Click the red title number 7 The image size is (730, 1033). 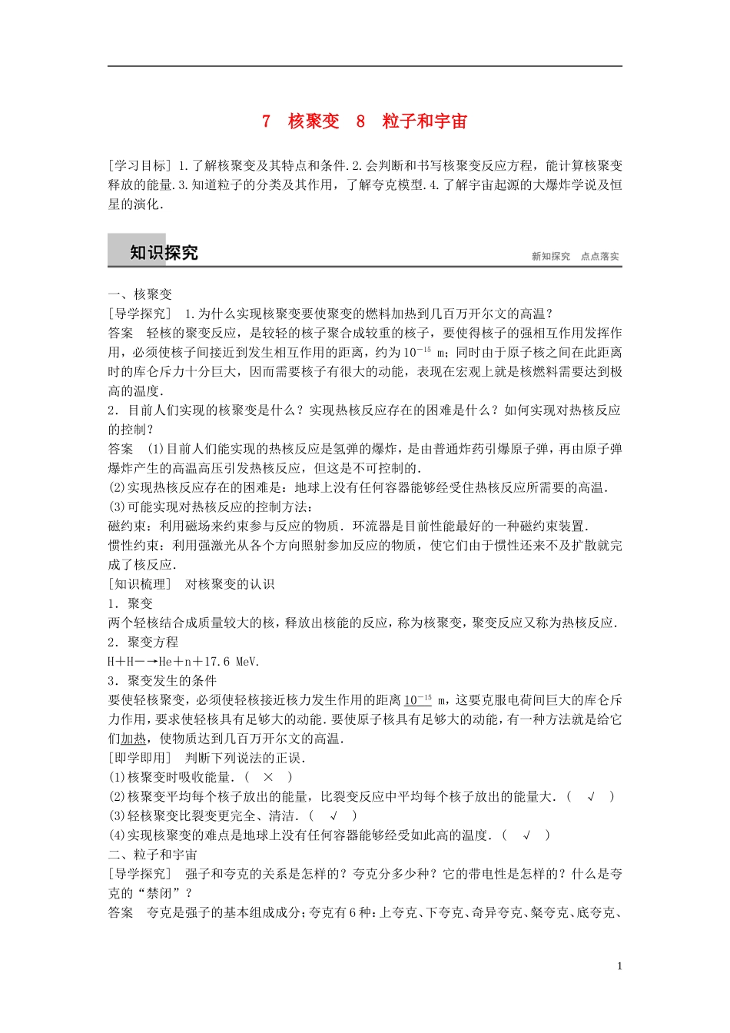[x=266, y=121]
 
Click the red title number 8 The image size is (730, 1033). [x=360, y=121]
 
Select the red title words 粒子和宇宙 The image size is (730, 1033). [x=425, y=121]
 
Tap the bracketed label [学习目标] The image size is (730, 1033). [x=140, y=165]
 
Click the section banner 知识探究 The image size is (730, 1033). [x=163, y=253]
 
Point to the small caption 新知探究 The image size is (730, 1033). [x=551, y=257]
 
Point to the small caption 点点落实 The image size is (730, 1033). [x=600, y=257]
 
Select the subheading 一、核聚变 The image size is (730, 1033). [x=141, y=294]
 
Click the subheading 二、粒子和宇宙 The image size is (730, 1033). [x=153, y=855]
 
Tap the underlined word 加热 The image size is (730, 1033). [x=133, y=739]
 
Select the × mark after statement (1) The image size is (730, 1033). [x=268, y=777]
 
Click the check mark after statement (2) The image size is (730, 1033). [x=591, y=796]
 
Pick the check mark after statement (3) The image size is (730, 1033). [x=333, y=815]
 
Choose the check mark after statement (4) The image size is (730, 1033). [x=527, y=835]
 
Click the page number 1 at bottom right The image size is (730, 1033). [x=619, y=966]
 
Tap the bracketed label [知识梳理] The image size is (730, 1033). [x=140, y=584]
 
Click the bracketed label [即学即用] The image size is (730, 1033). [x=140, y=758]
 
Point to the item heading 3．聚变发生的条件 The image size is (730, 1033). [x=162, y=681]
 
